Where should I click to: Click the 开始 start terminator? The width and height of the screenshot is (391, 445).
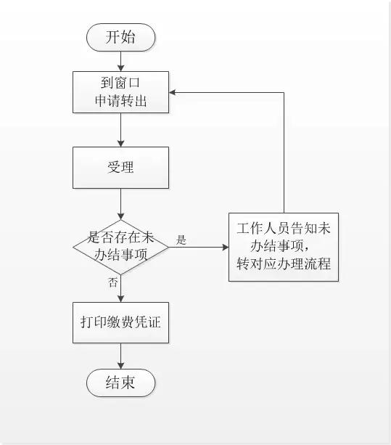tap(120, 37)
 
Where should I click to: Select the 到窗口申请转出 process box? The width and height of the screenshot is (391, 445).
tap(120, 92)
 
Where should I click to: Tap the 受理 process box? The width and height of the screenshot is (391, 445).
tap(120, 168)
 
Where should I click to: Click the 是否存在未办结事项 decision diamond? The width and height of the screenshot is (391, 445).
tap(120, 246)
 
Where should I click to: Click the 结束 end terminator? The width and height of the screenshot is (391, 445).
tap(120, 383)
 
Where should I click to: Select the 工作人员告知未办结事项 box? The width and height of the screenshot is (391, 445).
tap(284, 246)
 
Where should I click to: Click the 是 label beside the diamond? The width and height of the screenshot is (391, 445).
tap(181, 240)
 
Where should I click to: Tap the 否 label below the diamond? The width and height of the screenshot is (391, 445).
tap(112, 282)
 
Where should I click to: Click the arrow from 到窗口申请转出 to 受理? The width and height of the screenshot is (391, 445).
tap(120, 131)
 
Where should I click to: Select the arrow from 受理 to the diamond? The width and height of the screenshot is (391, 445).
tap(120, 203)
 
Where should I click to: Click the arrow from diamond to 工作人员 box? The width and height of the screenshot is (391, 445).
tap(199, 247)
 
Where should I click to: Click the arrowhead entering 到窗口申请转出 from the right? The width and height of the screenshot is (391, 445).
tap(174, 92)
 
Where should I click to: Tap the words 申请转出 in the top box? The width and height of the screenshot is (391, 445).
tap(120, 101)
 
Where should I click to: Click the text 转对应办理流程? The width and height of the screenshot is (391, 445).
tap(284, 264)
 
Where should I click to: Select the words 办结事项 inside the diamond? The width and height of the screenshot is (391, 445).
tap(120, 254)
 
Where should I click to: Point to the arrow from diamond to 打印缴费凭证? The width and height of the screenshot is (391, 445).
tap(120, 289)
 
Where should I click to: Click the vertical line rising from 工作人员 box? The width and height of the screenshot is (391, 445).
tap(284, 152)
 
